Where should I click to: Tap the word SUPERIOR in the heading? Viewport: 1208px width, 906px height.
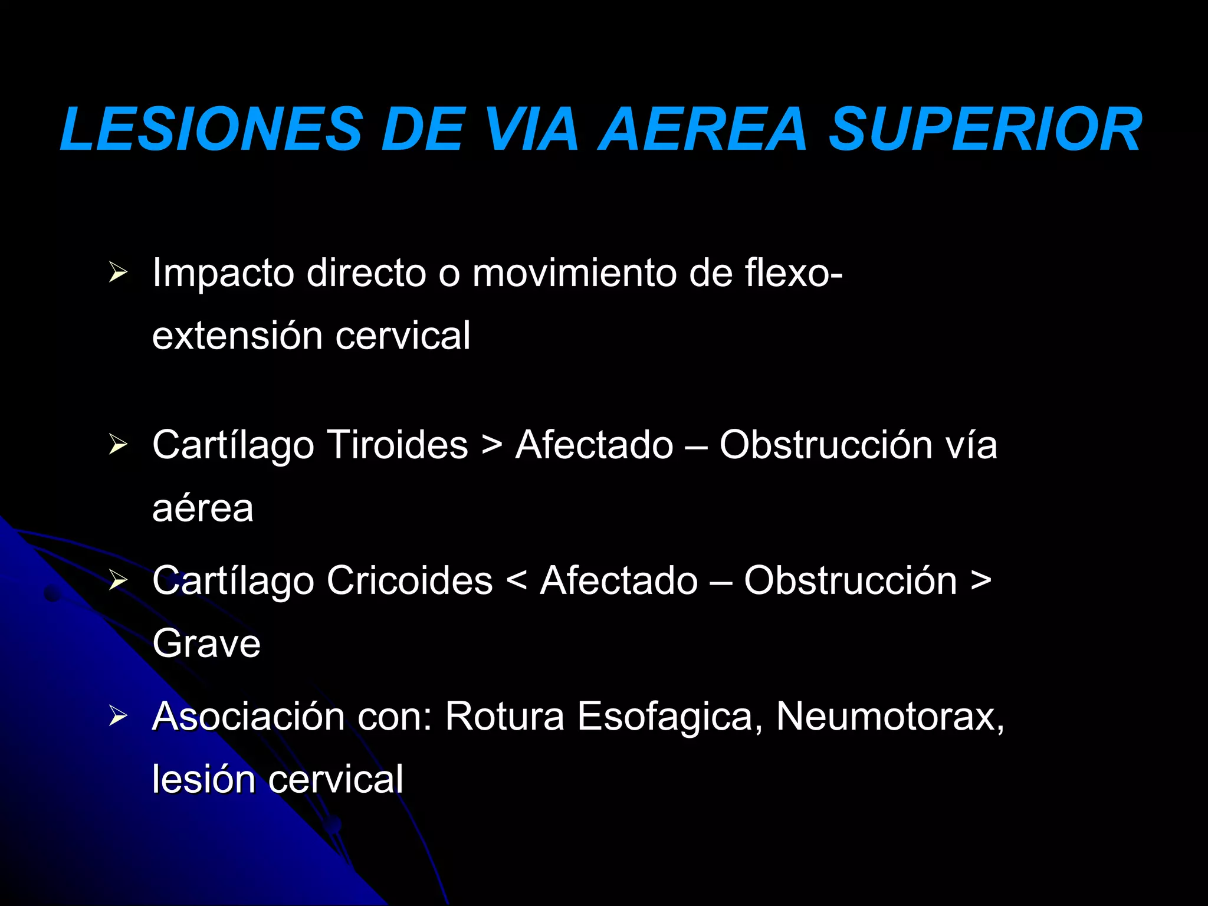(x=986, y=130)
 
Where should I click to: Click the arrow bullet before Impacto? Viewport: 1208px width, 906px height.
(x=118, y=273)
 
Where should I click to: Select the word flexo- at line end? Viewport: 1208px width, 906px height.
(x=793, y=274)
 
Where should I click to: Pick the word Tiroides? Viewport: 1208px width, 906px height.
(x=398, y=445)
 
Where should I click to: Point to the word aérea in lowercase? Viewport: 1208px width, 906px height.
(x=203, y=508)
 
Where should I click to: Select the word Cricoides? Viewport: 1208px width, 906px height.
(x=409, y=581)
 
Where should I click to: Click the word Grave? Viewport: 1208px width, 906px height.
(x=206, y=644)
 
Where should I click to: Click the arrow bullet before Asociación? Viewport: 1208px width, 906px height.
(x=118, y=716)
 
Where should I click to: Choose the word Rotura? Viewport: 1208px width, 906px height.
(x=505, y=717)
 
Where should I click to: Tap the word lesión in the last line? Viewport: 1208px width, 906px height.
(x=203, y=780)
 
